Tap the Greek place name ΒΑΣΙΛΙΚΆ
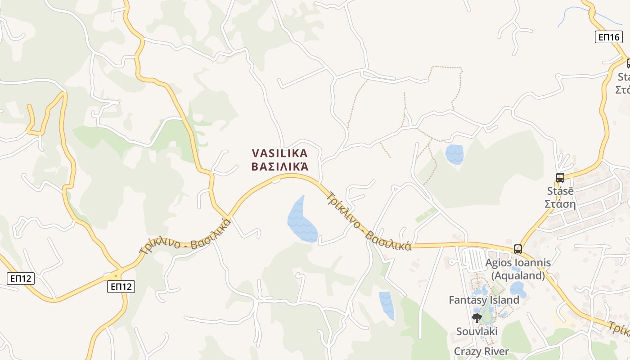tap(279, 167)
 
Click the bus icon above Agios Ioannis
tap(518, 249)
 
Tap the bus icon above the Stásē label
tap(560, 178)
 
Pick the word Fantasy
tap(467, 300)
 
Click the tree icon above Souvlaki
tap(477, 318)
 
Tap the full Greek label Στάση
tap(560, 204)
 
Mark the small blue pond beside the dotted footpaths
tap(454, 154)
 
